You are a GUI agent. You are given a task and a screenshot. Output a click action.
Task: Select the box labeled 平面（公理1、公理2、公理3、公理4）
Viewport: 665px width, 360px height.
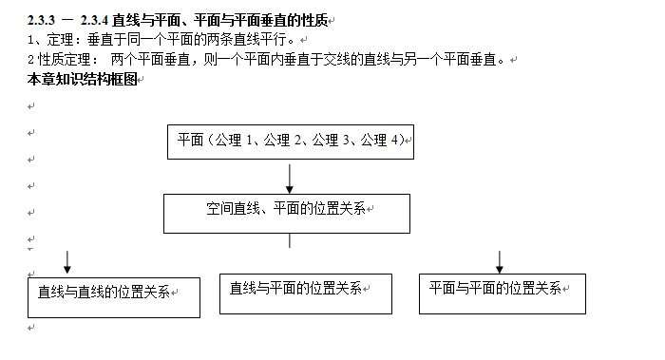[290, 141]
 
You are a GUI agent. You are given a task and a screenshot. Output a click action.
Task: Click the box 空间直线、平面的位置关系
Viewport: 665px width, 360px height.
[287, 213]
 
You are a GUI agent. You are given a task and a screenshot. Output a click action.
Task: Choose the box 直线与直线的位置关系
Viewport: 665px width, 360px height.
[113, 296]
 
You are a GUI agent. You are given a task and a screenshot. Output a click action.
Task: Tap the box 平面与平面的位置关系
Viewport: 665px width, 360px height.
[502, 293]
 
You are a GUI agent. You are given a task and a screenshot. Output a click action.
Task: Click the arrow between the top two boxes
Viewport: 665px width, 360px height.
[290, 178]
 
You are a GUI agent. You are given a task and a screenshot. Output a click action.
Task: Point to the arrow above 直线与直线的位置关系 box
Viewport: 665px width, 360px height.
[67, 261]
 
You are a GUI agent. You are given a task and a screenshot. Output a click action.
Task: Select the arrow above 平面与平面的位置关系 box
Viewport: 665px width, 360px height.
[500, 261]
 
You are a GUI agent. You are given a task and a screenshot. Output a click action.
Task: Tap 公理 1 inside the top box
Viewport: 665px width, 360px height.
[237, 141]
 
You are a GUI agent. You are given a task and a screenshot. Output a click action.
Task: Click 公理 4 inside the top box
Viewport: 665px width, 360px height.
[377, 141]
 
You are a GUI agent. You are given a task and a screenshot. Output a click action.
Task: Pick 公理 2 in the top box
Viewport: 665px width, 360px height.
[284, 141]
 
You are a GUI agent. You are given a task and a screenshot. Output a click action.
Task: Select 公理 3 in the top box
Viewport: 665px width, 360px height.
[331, 141]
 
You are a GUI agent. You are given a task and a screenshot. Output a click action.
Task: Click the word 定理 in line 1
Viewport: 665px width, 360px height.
[59, 40]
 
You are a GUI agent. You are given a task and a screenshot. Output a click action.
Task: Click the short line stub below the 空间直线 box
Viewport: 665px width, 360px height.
[289, 241]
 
